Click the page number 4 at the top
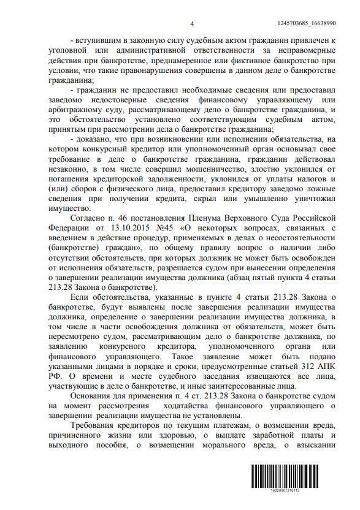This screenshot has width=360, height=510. pyautogui.click(x=192, y=24)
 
